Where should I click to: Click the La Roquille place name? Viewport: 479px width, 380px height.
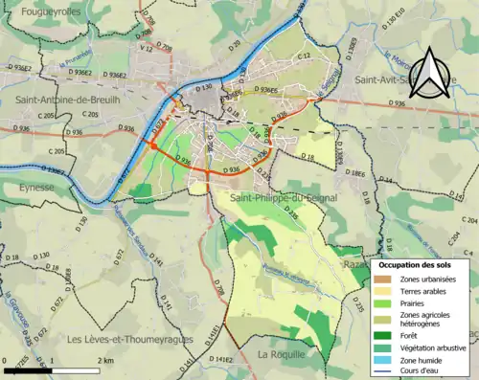tap(281, 354)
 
